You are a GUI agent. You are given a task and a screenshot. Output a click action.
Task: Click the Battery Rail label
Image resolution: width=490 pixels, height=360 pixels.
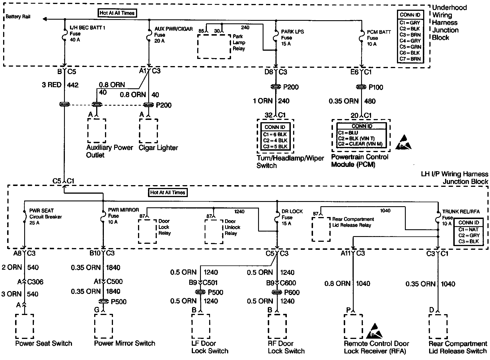(18, 17)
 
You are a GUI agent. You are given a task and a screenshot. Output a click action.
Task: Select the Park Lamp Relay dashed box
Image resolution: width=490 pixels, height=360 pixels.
(214, 47)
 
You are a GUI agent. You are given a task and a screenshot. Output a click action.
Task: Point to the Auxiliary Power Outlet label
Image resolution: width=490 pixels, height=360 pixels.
(110, 151)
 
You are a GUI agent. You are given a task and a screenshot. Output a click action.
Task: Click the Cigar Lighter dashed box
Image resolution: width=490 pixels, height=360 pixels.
(148, 131)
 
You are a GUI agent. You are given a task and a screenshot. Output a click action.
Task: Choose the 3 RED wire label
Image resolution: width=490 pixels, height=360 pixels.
(52, 85)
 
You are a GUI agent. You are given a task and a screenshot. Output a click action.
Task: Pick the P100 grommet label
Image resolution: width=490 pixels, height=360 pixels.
(376, 87)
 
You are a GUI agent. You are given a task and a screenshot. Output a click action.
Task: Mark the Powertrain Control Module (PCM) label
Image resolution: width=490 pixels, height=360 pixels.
(360, 161)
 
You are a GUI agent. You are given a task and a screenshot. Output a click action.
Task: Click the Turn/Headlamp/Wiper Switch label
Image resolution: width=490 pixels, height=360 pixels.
(290, 162)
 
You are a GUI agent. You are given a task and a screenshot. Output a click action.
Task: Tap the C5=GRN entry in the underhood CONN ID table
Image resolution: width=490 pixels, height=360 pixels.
(410, 47)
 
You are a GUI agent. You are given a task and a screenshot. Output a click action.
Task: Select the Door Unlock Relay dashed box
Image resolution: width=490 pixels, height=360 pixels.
(214, 231)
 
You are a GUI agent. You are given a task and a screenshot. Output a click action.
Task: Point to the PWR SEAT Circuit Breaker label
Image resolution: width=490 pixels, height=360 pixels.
(46, 217)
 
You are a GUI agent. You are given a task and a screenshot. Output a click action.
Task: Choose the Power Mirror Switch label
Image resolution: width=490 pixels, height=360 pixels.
(125, 343)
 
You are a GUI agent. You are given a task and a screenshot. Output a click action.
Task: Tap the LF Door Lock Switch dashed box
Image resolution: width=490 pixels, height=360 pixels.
(201, 326)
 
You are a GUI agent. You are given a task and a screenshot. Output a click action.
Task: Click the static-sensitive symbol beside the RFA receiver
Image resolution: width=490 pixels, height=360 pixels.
(375, 331)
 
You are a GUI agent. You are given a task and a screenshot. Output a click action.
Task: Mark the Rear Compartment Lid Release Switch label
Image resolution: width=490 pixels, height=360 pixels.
(458, 347)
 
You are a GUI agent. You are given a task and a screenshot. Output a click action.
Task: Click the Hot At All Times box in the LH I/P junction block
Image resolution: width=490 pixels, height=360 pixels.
(168, 193)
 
